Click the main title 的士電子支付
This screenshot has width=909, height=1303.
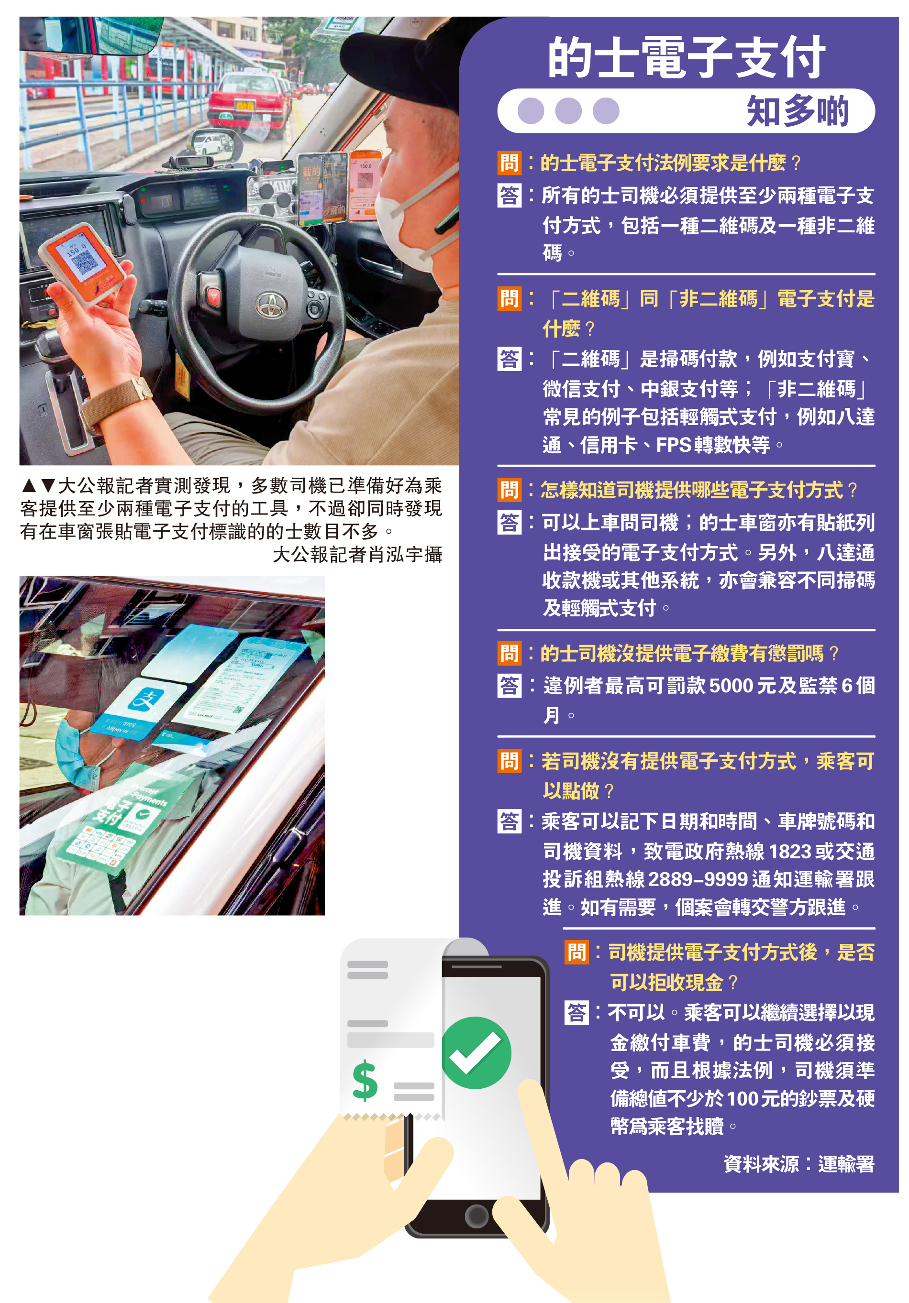[x=686, y=57]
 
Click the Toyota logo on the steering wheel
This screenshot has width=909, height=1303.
[x=271, y=305]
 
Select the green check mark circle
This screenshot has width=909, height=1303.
[x=476, y=1053]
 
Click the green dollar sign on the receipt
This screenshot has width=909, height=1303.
[x=365, y=1081]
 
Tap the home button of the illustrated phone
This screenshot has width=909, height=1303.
[x=477, y=1216]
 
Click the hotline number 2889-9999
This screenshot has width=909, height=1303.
[x=697, y=879]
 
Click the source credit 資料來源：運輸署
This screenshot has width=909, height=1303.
[x=799, y=1164]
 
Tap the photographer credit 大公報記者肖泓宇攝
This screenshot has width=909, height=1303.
[x=357, y=554]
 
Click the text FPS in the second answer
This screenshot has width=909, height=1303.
[x=673, y=445]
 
